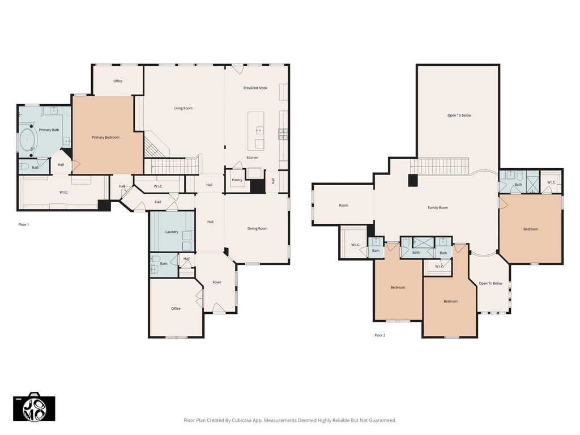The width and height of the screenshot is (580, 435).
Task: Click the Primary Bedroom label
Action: point(105,138)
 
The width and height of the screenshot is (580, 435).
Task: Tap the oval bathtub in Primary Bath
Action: point(28,140)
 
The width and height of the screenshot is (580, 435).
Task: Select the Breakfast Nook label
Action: point(255,88)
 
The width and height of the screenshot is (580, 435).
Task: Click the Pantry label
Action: point(237,180)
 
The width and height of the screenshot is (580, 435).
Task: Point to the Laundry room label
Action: point(172,232)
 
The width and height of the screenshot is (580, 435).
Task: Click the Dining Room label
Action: point(258,229)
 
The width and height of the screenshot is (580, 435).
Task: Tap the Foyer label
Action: point(217,282)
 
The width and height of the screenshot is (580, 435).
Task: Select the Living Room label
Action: point(183,108)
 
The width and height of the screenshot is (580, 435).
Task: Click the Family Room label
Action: point(438,208)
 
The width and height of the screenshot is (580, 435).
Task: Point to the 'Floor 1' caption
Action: point(24,224)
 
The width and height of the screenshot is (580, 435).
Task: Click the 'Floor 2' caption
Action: point(380,335)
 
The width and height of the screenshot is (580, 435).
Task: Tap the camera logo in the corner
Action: point(34,407)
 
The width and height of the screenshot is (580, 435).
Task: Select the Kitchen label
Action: point(253,157)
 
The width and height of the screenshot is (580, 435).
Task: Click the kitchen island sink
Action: point(259,130)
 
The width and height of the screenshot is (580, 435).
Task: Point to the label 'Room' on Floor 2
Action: point(344,205)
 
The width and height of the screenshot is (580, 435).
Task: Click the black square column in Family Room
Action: point(413,180)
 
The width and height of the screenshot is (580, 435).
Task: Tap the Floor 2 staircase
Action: point(440,166)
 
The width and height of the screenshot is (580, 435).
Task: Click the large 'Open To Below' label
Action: point(459,116)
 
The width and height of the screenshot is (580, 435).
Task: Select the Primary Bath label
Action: point(49,130)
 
